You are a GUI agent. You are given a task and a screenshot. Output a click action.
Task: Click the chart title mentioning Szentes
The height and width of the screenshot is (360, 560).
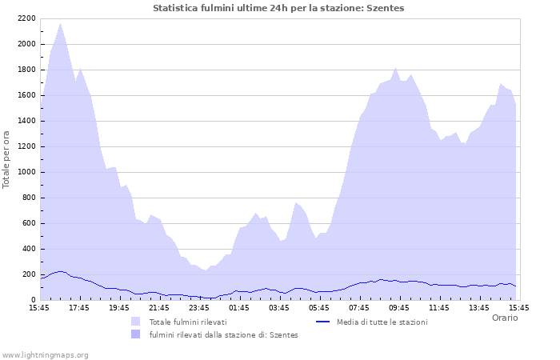(x=278, y=8)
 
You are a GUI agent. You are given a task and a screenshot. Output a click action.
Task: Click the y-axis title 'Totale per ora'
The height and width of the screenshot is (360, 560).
(x=7, y=159)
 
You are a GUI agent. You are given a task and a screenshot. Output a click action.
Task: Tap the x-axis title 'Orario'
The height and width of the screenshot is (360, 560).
(x=504, y=318)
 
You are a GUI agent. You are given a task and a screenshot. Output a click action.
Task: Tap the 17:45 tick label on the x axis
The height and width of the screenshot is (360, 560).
(x=79, y=307)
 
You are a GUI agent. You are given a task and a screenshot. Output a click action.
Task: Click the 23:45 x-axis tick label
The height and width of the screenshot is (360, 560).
(x=199, y=307)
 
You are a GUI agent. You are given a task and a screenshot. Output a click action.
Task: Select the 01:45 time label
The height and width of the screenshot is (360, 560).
(x=239, y=307)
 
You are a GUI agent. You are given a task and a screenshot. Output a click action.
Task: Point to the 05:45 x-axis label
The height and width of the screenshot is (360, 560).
(x=319, y=307)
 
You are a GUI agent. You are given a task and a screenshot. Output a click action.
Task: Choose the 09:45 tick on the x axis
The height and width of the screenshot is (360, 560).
(x=399, y=307)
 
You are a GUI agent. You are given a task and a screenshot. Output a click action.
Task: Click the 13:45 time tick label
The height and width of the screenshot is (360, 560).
(x=479, y=307)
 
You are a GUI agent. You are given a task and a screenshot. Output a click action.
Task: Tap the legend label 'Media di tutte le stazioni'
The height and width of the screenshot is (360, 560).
(x=382, y=322)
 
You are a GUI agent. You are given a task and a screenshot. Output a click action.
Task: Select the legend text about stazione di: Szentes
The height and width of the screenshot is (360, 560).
(x=223, y=334)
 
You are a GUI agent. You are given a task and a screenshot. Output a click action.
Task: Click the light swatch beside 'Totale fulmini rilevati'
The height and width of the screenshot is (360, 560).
(x=135, y=322)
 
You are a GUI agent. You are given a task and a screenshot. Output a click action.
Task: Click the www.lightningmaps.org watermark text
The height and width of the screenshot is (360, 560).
(x=45, y=354)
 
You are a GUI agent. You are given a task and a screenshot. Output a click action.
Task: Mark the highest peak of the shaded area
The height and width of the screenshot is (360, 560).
(x=60, y=23)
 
